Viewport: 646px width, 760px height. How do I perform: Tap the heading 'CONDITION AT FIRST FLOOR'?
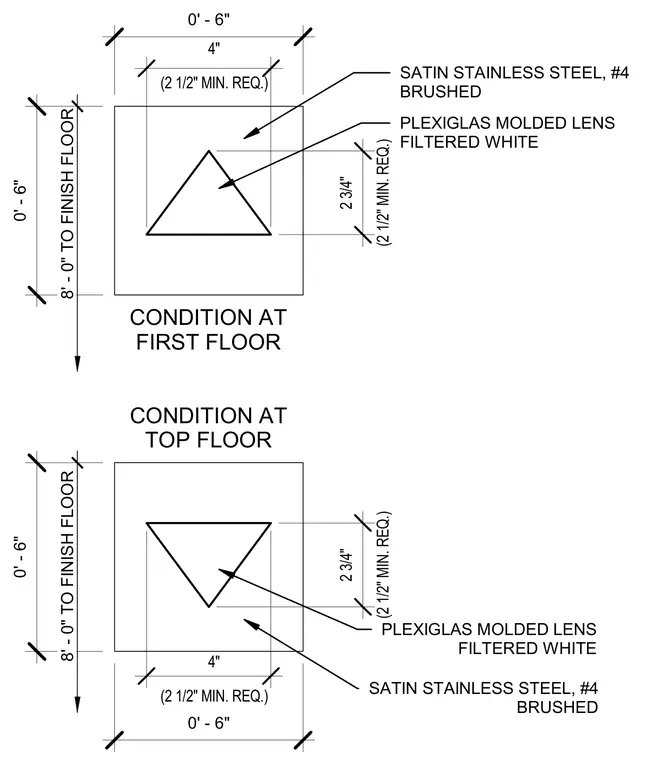(x=208, y=330)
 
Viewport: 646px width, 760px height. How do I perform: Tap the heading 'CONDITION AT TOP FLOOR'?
(x=208, y=428)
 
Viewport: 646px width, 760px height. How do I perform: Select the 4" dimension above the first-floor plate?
(x=214, y=48)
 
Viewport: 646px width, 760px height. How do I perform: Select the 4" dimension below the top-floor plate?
(x=214, y=662)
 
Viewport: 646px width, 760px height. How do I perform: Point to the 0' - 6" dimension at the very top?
(x=209, y=20)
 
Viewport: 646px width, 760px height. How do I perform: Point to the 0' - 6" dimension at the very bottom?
(x=209, y=723)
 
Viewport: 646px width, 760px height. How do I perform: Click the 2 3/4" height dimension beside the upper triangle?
(x=347, y=193)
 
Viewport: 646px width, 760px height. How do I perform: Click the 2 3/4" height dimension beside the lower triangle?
(x=347, y=565)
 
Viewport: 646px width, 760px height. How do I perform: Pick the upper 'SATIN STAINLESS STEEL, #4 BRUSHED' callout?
(x=514, y=82)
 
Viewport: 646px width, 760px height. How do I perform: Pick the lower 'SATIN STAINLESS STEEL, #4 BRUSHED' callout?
(x=483, y=697)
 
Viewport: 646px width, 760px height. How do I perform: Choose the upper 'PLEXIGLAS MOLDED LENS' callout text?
(x=507, y=123)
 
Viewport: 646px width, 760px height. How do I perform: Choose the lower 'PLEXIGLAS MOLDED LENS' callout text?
(x=489, y=629)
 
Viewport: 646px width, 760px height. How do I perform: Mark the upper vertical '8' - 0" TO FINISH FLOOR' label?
(x=68, y=204)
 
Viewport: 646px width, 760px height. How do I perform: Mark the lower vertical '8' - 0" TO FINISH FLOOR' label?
(x=68, y=566)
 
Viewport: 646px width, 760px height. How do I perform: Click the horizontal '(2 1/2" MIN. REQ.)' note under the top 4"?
(x=214, y=83)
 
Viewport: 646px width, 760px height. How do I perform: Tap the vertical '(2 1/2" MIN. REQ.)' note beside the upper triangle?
(x=384, y=192)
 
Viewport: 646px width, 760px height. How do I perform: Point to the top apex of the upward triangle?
(x=209, y=151)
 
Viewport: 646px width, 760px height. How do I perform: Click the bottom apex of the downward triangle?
(x=209, y=606)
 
